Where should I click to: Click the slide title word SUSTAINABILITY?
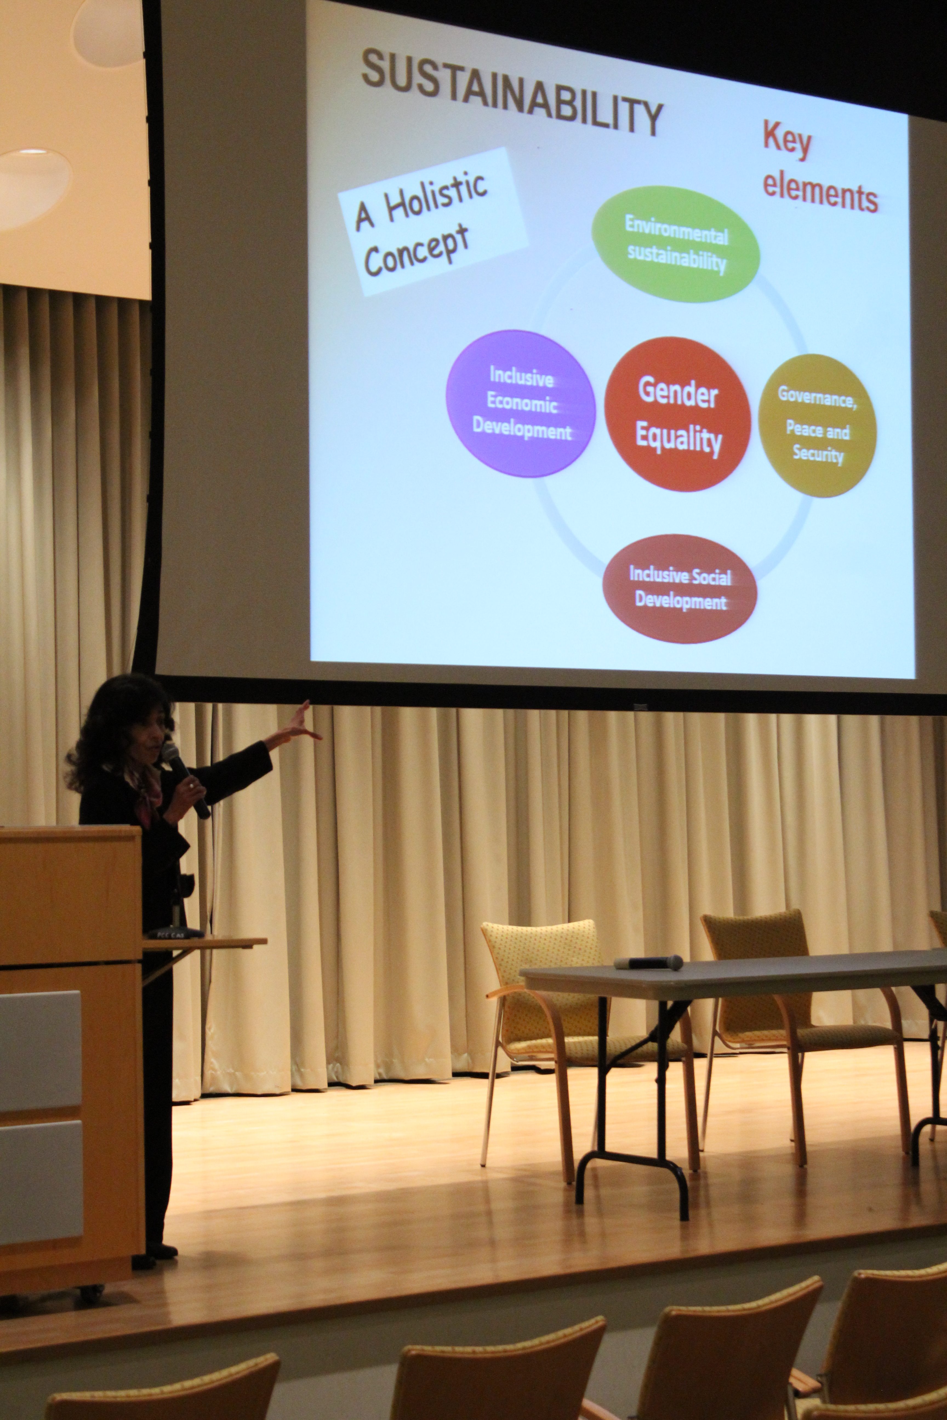(512, 91)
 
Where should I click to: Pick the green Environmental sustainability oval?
(675, 244)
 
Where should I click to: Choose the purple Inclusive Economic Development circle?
(521, 403)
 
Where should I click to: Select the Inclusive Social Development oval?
(680, 589)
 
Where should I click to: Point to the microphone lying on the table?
(648, 962)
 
